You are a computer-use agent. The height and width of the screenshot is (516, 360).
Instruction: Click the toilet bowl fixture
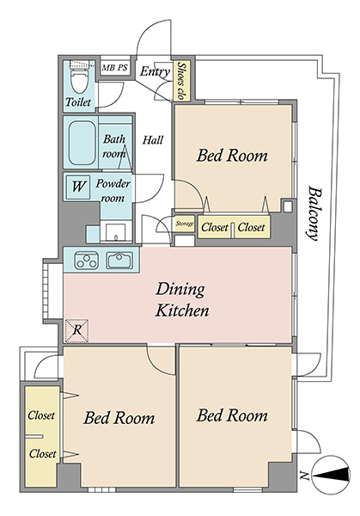pyautogui.click(x=79, y=78)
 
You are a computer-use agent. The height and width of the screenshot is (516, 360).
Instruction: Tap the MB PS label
pyautogui.click(x=114, y=68)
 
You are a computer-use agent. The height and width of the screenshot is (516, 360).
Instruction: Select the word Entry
pyautogui.click(x=155, y=71)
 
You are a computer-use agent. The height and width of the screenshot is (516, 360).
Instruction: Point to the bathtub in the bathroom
pyautogui.click(x=82, y=143)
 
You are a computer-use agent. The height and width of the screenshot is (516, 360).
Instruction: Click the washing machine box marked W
pyautogui.click(x=78, y=187)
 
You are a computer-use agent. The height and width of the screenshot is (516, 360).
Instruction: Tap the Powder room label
pyautogui.click(x=113, y=191)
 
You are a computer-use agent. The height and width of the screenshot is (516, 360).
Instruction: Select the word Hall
pyautogui.click(x=153, y=140)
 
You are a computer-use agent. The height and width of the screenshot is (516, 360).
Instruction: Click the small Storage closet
pyautogui.click(x=185, y=224)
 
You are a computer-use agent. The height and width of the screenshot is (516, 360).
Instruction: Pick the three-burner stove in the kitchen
pyautogui.click(x=86, y=261)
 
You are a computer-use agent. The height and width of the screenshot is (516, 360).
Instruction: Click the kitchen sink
pyautogui.click(x=119, y=261)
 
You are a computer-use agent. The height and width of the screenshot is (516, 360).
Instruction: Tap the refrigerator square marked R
pyautogui.click(x=77, y=330)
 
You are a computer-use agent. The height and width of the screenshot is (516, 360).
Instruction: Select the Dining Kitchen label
pyautogui.click(x=182, y=299)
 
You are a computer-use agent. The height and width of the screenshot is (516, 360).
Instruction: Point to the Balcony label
pyautogui.click(x=314, y=213)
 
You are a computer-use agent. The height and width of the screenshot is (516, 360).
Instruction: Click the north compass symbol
pyautogui.click(x=331, y=475)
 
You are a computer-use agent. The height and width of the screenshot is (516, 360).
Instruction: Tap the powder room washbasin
pyautogui.click(x=115, y=233)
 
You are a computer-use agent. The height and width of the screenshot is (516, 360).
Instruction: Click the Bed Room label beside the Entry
pyautogui.click(x=232, y=156)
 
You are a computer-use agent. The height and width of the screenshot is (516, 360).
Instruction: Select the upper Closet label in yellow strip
pyautogui.click(x=41, y=415)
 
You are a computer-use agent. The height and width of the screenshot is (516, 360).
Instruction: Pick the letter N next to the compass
pyautogui.click(x=304, y=476)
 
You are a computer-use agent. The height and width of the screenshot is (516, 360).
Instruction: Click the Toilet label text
pyautogui.click(x=78, y=101)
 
